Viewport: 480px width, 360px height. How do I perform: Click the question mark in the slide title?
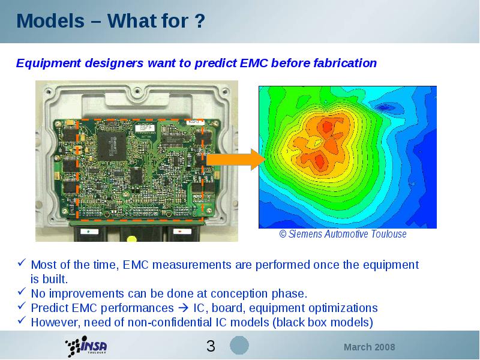coord(199,21)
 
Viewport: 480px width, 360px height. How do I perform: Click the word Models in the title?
coord(50,21)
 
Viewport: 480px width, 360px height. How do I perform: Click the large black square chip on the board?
coord(112,146)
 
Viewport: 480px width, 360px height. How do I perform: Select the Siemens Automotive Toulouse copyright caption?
coord(343,234)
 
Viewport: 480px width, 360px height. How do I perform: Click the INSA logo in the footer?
coord(86,346)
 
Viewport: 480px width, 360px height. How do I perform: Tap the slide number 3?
coord(211,346)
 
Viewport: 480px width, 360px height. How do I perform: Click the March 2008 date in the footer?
coord(369,347)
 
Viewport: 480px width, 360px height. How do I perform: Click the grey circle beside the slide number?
coord(239,346)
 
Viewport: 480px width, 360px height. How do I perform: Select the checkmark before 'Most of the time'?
coord(22,262)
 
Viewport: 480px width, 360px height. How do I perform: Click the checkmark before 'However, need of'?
coord(22,320)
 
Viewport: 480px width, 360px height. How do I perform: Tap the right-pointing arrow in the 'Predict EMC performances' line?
coord(184,308)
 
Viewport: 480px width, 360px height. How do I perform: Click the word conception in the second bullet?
coord(239,294)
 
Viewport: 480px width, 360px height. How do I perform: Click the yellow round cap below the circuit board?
coord(132,238)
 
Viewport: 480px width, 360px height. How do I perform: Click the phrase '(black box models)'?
coord(323,323)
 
